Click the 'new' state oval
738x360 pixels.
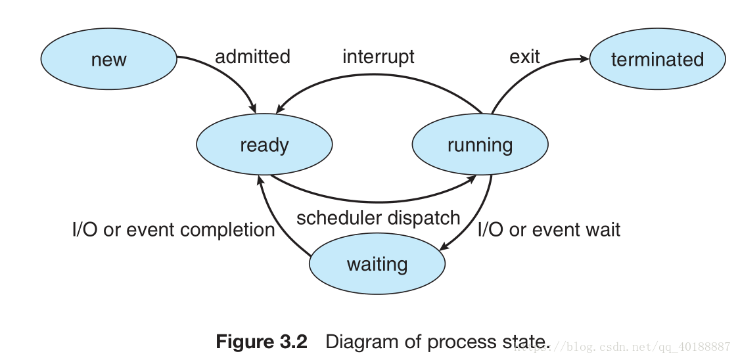[x=108, y=59]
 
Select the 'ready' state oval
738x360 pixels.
[x=264, y=144]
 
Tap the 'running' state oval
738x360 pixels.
[x=480, y=144]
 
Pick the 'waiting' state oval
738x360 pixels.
[x=377, y=263]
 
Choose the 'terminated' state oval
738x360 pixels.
[x=658, y=59]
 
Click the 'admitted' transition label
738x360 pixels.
[x=252, y=56]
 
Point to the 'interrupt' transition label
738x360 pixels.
[x=379, y=57]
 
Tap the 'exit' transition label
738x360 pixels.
[x=524, y=57]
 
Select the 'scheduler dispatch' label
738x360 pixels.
[x=379, y=218]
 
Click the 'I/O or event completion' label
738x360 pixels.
[x=173, y=230]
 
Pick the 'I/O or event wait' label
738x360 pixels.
[x=549, y=230]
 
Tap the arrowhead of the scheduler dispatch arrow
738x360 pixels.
[x=471, y=179]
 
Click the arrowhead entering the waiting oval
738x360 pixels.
[x=444, y=246]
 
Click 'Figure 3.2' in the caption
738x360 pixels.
[x=261, y=341]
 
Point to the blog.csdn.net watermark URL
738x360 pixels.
[x=623, y=348]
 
